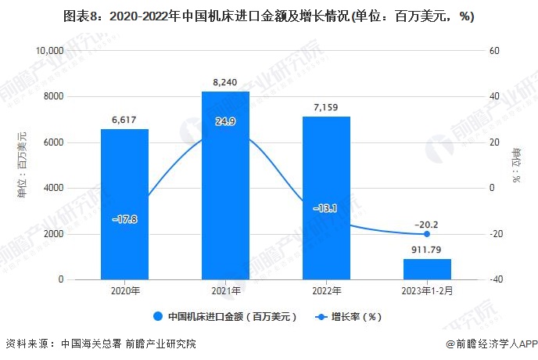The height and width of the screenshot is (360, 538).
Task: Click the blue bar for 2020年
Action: pos(124,204)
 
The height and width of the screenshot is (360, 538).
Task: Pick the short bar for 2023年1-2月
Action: pos(427,269)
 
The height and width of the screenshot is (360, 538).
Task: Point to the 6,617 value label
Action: pos(124,117)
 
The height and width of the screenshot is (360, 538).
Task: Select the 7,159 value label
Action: pos(326,105)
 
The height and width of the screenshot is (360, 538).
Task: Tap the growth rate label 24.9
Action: pos(225,121)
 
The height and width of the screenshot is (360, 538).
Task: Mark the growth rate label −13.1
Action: pos(326,208)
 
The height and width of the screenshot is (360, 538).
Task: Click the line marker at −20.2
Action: pos(427,234)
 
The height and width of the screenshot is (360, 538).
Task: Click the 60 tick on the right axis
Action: pos(493,51)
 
